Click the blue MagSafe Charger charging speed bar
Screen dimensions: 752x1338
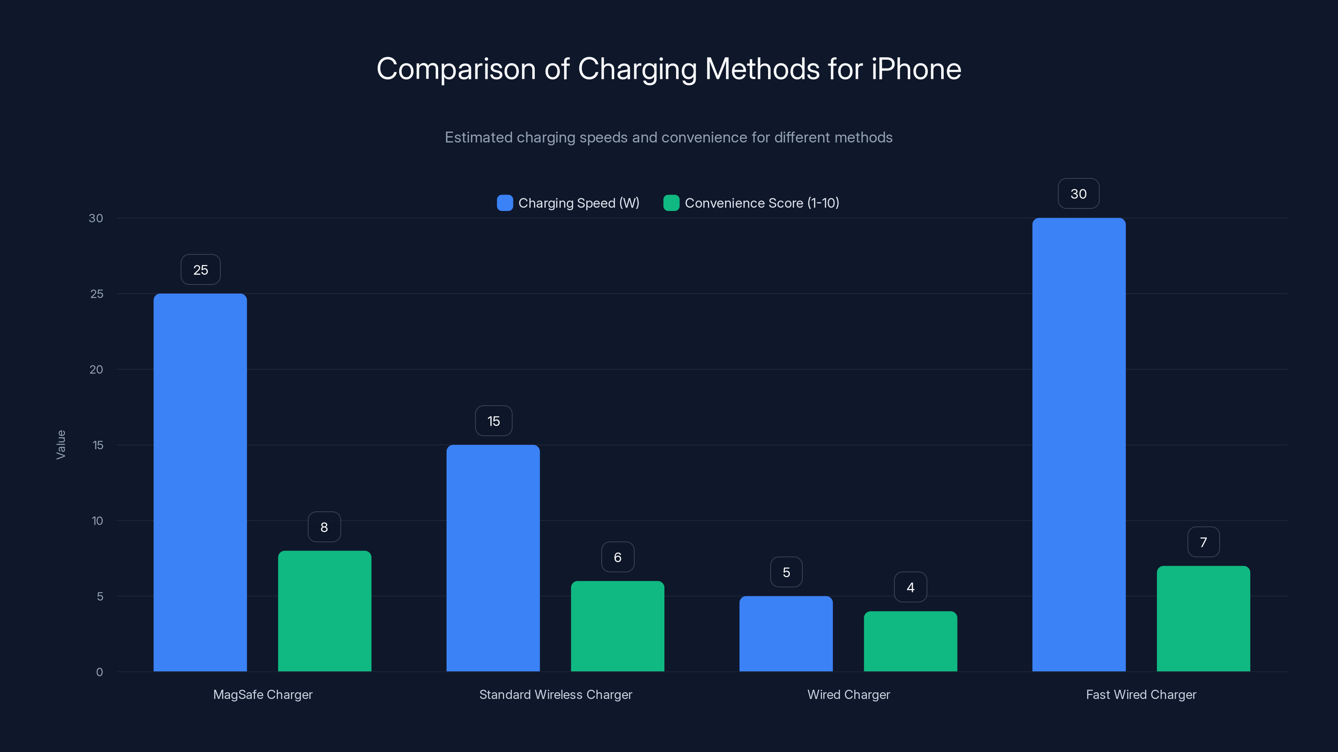coord(200,483)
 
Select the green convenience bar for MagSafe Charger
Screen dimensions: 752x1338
coord(324,611)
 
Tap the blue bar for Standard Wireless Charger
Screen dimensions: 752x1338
coord(493,558)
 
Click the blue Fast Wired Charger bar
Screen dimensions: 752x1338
coord(1079,445)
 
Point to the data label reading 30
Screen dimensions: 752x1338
coord(1078,193)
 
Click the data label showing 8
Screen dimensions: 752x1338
coord(324,527)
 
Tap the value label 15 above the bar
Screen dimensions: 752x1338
coord(493,421)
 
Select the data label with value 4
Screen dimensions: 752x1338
coord(910,587)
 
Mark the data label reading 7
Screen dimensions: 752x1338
coord(1203,542)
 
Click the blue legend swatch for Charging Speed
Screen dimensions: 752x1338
coord(505,203)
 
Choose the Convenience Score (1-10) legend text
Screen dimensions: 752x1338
coord(761,203)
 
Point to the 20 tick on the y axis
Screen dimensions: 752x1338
coord(96,369)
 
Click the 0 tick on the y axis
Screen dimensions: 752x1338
coord(99,672)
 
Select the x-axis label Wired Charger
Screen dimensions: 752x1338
coord(848,694)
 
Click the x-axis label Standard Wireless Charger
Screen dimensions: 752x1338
coord(555,694)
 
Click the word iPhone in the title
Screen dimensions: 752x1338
coord(916,69)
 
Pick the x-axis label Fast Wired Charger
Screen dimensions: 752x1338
coord(1141,694)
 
